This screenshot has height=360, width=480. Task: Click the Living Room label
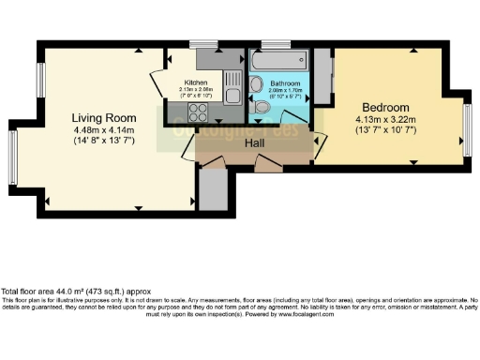click(104, 117)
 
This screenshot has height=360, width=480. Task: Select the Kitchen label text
click(195, 82)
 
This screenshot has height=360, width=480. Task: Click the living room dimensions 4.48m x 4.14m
click(104, 130)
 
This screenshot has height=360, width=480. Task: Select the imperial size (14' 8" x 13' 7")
click(104, 142)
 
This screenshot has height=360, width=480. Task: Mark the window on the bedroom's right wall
click(466, 131)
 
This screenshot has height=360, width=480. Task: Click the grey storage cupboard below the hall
click(214, 188)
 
